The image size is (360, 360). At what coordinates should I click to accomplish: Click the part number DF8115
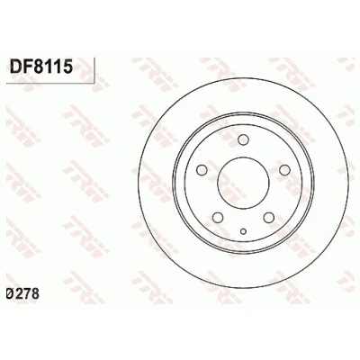click(x=41, y=67)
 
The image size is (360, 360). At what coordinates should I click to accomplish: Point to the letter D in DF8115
click(x=15, y=67)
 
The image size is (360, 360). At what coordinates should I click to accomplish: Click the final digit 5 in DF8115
click(x=67, y=67)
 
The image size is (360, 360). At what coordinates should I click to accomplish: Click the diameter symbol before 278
click(x=10, y=294)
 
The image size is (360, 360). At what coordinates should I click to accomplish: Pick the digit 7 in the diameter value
click(x=27, y=294)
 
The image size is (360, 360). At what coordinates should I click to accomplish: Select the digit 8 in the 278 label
click(x=35, y=294)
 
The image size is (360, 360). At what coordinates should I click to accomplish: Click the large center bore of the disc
click(x=243, y=184)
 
